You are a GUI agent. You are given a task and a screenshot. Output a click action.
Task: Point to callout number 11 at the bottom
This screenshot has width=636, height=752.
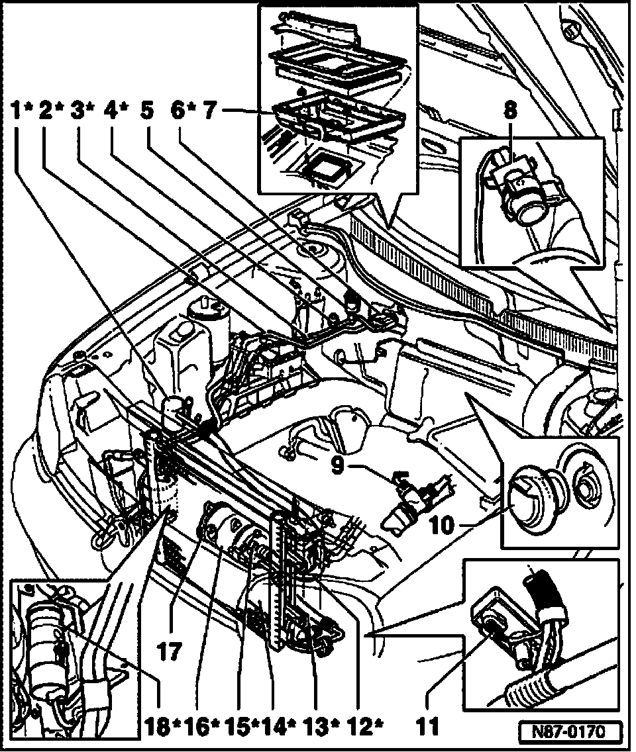[x=429, y=728]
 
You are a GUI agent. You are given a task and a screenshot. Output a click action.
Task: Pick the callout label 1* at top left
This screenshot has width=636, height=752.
[x=22, y=111]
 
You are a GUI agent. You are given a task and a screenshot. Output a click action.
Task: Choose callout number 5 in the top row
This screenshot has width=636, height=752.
[x=146, y=111]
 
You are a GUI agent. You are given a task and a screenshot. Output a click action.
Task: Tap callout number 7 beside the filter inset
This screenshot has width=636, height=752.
[x=210, y=111]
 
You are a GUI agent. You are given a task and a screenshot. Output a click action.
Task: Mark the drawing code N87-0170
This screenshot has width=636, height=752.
[x=570, y=733]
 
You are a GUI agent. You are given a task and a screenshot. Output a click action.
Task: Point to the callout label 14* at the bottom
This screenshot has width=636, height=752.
[x=280, y=728]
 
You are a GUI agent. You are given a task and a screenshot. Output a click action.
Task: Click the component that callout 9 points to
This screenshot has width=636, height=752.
[x=411, y=498]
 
